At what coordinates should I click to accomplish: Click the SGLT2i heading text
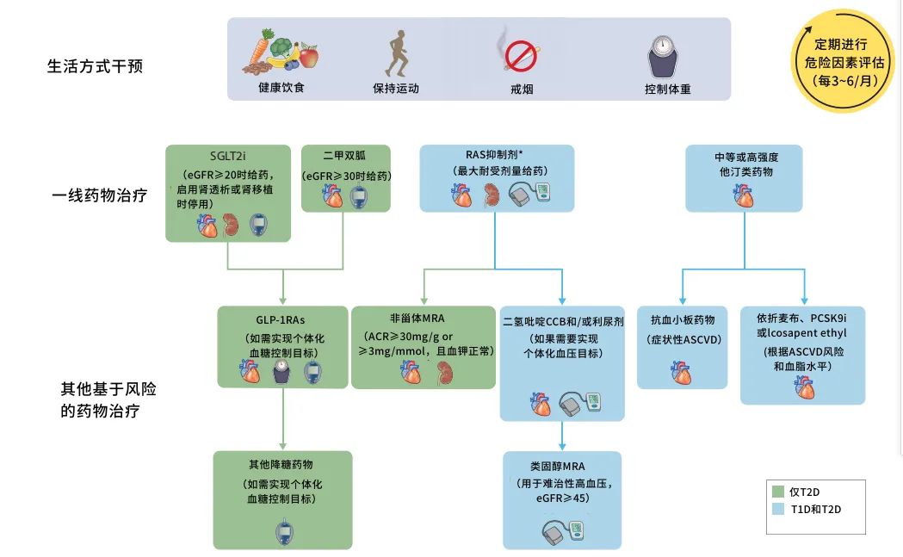pyautogui.click(x=227, y=157)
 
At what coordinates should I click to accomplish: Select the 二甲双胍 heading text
pyautogui.click(x=344, y=157)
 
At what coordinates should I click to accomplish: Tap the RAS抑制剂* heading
pyautogui.click(x=494, y=155)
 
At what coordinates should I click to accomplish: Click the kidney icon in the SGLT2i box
pyautogui.click(x=230, y=222)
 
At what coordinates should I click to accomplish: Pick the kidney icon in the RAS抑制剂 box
pyautogui.click(x=491, y=195)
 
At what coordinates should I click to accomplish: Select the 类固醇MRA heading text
pyautogui.click(x=562, y=466)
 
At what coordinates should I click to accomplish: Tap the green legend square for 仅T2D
pyautogui.click(x=778, y=492)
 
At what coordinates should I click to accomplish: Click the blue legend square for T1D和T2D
pyautogui.click(x=778, y=509)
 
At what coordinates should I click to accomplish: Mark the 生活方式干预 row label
pyautogui.click(x=95, y=65)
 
